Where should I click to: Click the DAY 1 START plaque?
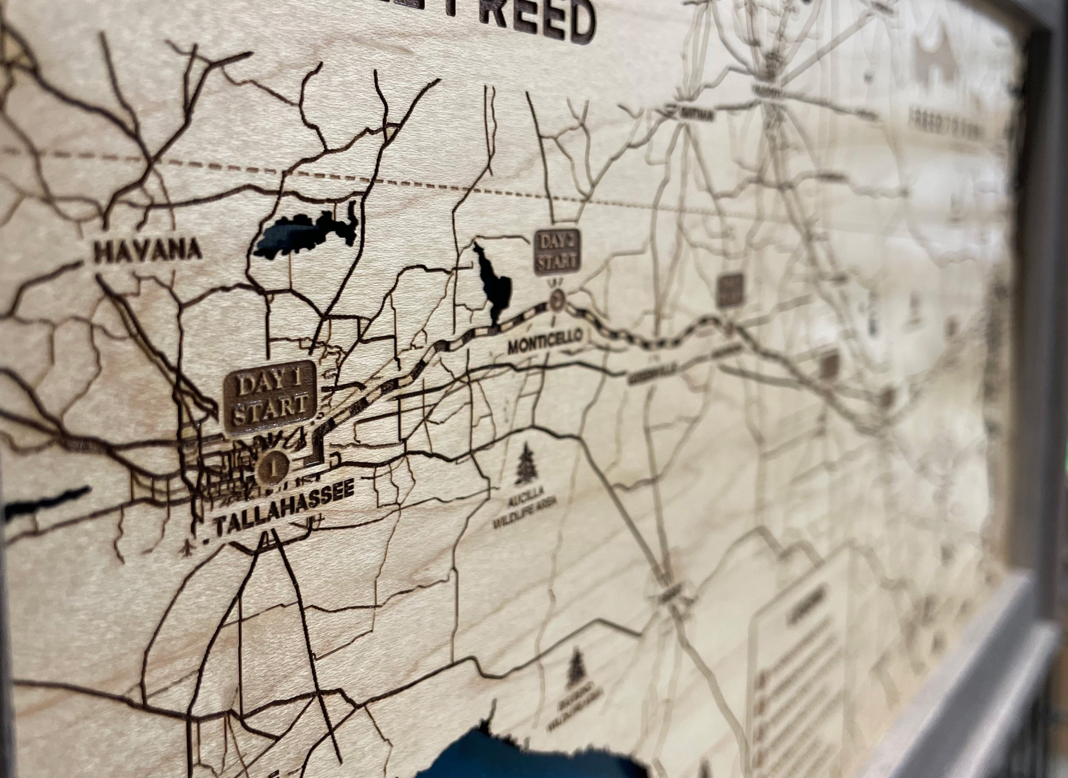coord(270,397)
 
